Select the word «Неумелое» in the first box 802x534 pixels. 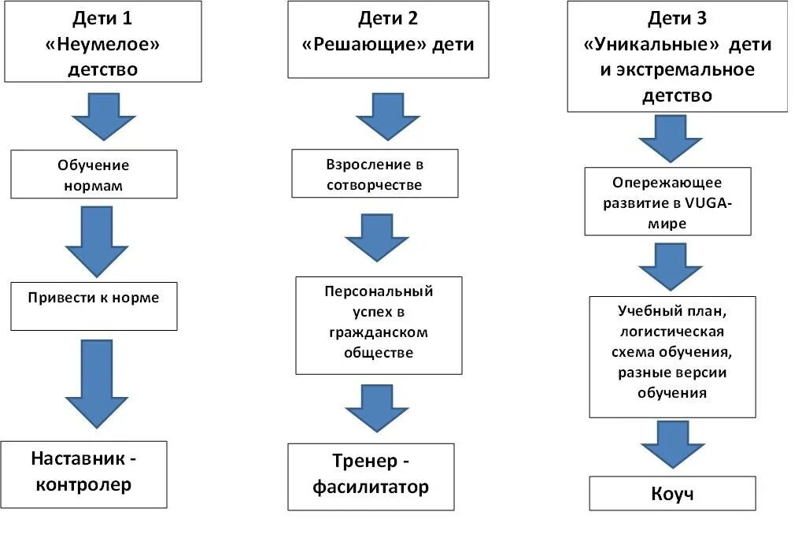(x=103, y=44)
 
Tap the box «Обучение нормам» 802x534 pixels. (x=94, y=176)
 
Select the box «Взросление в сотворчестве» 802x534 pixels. (x=374, y=174)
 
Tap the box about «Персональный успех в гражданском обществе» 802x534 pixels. (x=379, y=324)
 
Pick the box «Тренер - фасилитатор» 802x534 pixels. (x=371, y=477)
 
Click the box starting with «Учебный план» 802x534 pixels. (x=671, y=356)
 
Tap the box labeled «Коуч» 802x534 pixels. (x=672, y=493)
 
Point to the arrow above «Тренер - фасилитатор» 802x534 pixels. (x=377, y=408)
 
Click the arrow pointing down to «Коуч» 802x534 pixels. (x=671, y=445)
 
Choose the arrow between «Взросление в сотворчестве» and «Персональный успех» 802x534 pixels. (x=377, y=237)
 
